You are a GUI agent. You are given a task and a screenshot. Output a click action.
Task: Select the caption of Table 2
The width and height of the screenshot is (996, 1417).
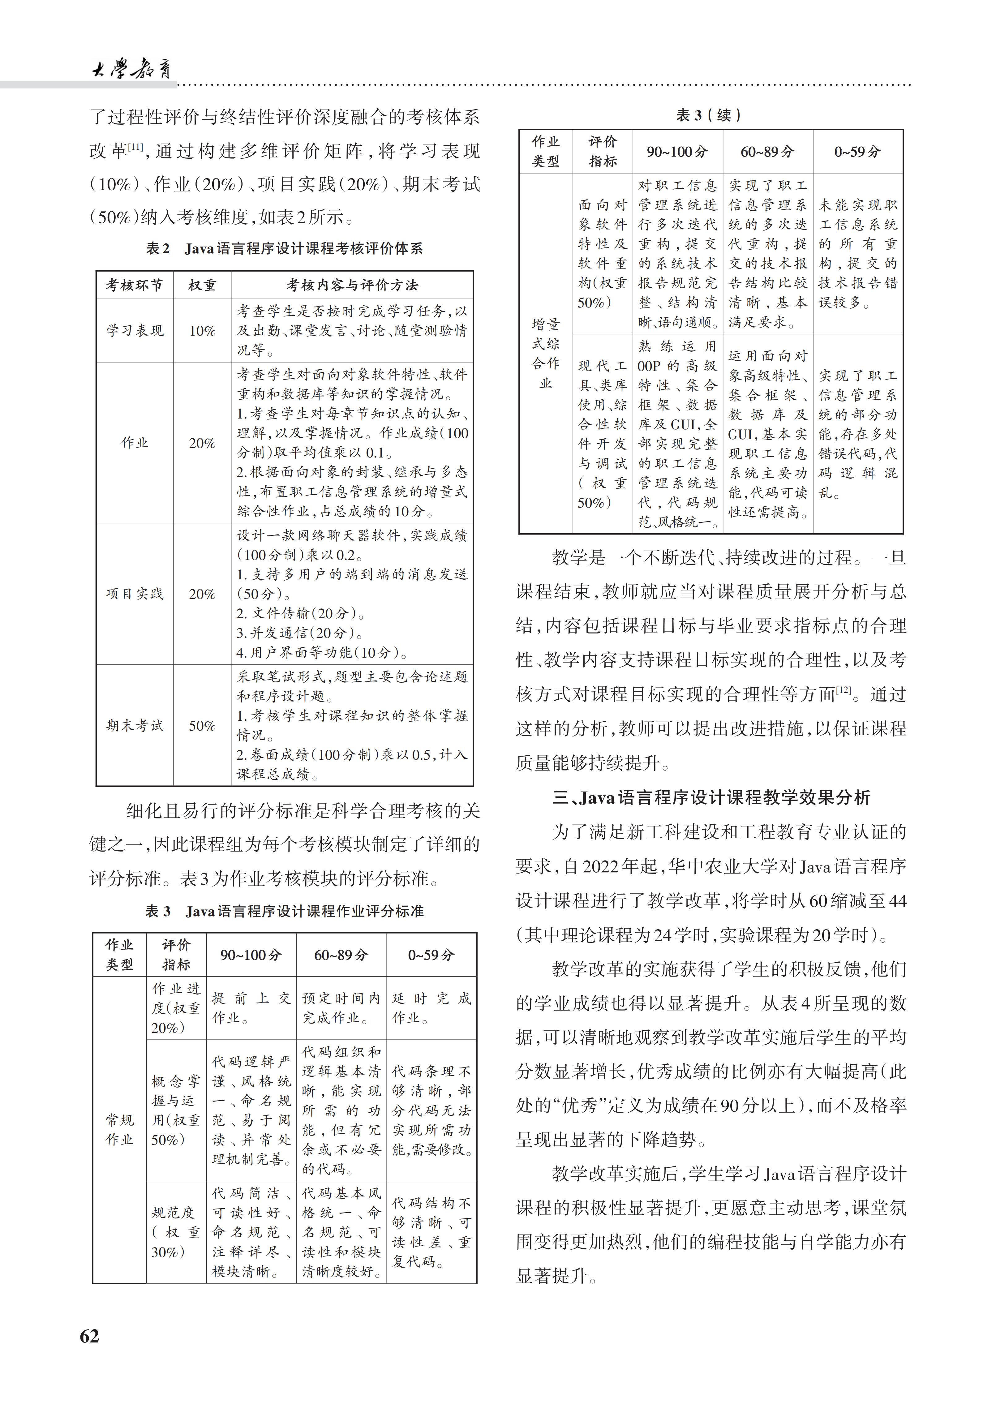(285, 249)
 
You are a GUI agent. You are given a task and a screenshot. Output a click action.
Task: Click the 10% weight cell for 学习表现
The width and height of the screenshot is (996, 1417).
(202, 331)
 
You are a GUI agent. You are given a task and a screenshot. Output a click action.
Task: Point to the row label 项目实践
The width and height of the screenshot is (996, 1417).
(135, 594)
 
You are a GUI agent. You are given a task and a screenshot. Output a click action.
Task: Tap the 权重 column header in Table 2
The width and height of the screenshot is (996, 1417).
(202, 285)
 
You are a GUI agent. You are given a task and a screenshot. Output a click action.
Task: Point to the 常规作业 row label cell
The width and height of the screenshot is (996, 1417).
(119, 1129)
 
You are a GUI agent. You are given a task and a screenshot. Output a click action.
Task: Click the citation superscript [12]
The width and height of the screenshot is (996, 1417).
(843, 689)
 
